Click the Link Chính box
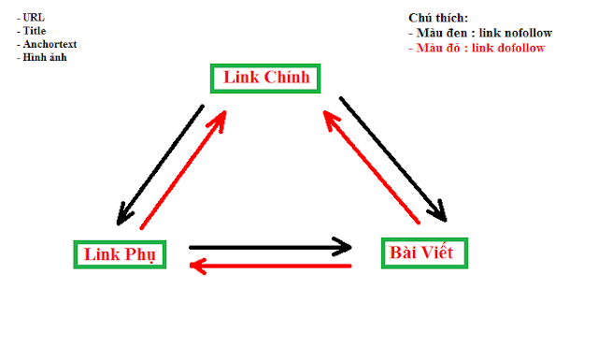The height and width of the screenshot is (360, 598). coord(266,78)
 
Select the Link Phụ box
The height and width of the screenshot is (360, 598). coord(120,253)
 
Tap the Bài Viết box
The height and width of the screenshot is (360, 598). coord(424,252)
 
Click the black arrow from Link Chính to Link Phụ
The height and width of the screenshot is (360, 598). coord(161,166)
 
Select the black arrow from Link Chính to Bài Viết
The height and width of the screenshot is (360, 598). coord(394,158)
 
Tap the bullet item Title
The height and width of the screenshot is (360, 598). coord(33,30)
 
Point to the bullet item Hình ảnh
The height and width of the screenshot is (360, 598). coord(42,57)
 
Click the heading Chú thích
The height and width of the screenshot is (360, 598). coord(437,18)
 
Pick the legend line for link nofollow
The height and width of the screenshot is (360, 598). coord(480,33)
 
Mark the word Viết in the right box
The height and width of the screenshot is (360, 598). coord(441,252)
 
